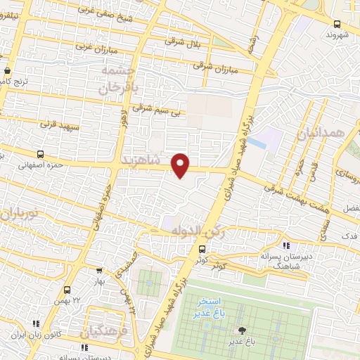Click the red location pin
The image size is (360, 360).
181,166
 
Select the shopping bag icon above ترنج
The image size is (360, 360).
7,71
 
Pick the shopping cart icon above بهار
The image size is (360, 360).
100,269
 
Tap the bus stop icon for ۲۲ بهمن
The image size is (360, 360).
67,290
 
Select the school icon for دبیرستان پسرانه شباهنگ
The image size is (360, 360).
285,245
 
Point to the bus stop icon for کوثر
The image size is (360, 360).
202,249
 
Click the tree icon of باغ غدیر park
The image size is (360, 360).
243,330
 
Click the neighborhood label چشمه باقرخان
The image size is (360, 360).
117,80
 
